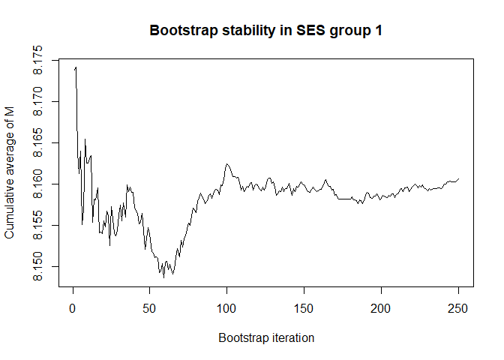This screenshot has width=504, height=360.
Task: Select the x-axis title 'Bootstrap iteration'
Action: click(x=266, y=338)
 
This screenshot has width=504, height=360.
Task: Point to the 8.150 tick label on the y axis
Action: click(x=39, y=266)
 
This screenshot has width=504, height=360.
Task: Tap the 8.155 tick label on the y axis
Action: click(x=39, y=225)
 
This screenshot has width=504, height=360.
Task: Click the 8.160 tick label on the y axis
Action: click(x=39, y=184)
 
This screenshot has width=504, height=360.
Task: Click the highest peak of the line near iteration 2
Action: click(x=76, y=67)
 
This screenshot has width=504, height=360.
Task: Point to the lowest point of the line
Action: click(x=163, y=277)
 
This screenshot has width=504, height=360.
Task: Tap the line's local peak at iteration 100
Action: click(x=226, y=163)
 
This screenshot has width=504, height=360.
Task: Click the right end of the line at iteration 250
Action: click(x=458, y=178)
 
